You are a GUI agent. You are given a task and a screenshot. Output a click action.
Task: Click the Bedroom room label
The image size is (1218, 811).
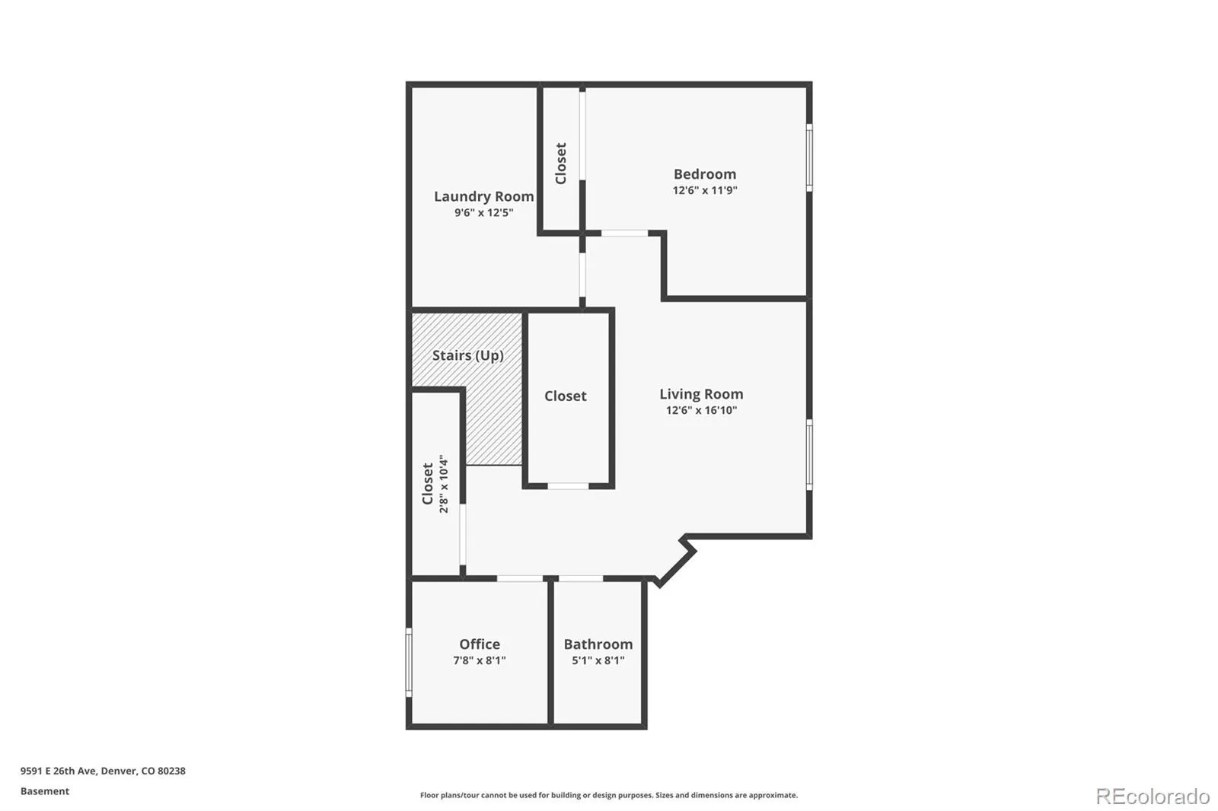[705, 174]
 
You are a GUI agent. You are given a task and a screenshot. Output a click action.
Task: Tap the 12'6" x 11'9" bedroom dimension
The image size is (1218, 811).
[705, 190]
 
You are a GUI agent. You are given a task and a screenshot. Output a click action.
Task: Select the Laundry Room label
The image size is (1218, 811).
[483, 196]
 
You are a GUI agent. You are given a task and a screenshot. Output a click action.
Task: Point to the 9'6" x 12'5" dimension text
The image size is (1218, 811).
[483, 212]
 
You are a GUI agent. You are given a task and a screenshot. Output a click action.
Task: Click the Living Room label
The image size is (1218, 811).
[701, 394]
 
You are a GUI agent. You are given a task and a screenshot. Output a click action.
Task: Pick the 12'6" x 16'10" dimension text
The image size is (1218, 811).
[701, 410]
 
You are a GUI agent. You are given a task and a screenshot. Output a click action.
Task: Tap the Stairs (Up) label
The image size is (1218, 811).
[467, 355]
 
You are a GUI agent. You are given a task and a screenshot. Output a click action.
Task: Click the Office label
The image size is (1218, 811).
[479, 644]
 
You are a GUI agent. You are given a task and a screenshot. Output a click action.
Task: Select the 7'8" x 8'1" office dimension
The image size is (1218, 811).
[479, 660]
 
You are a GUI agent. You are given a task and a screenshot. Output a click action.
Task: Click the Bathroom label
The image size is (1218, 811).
[598, 644]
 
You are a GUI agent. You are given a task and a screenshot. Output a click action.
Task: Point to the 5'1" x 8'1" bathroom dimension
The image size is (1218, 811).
[598, 660]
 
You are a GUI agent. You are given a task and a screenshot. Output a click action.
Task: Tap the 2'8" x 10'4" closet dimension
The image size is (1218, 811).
[444, 484]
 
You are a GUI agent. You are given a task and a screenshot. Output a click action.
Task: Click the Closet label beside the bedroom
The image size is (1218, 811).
[560, 163]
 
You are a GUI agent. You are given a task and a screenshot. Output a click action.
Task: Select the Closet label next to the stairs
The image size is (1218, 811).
[565, 396]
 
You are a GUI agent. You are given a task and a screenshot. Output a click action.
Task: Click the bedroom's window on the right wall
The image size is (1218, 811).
[809, 157]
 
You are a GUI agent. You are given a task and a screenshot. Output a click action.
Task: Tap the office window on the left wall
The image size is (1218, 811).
[409, 662]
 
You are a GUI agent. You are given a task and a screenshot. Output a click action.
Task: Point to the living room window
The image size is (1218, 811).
[809, 454]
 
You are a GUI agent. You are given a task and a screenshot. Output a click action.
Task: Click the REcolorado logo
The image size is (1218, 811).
[1153, 797]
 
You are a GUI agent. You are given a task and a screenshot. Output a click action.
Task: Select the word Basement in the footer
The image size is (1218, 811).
[45, 791]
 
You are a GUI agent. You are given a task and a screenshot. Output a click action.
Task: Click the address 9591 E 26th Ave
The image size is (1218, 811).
[58, 771]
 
